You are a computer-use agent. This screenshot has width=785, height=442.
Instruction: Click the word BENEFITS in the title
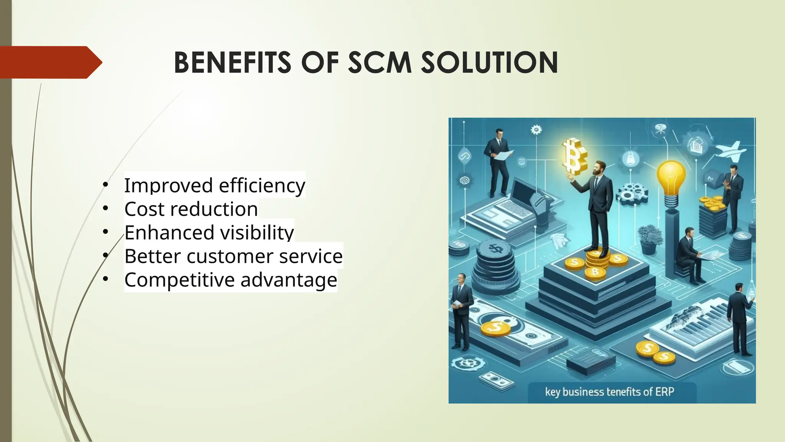pyautogui.click(x=232, y=63)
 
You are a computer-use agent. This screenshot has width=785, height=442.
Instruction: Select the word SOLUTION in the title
pyautogui.click(x=489, y=63)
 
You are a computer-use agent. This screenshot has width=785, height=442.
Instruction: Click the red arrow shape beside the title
pyautogui.click(x=50, y=62)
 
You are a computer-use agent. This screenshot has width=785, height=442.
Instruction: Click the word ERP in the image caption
pyautogui.click(x=665, y=392)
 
